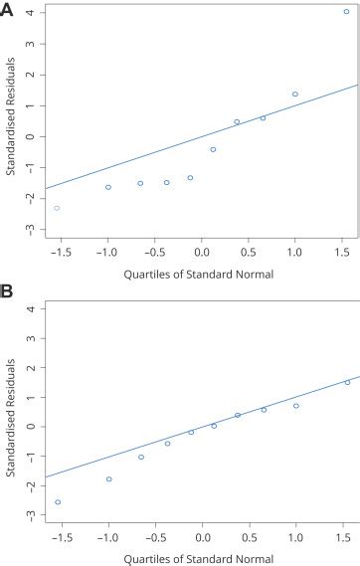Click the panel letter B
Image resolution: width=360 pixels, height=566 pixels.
pyautogui.click(x=8, y=294)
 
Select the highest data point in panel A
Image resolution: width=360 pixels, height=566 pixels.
pyautogui.click(x=346, y=12)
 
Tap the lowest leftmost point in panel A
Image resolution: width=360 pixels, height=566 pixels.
pyautogui.click(x=57, y=208)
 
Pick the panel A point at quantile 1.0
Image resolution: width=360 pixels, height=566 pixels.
pyautogui.click(x=295, y=94)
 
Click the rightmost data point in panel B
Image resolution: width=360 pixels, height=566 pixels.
pyautogui.click(x=347, y=382)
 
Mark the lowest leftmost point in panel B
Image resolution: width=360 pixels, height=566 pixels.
pyautogui.click(x=57, y=502)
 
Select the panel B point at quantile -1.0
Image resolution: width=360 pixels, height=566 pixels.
pyautogui.click(x=108, y=479)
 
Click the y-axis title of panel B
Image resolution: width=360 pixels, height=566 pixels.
pyautogui.click(x=10, y=413)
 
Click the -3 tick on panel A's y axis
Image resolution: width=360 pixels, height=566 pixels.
pyautogui.click(x=32, y=229)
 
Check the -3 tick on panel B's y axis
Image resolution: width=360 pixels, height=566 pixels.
pyautogui.click(x=32, y=515)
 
